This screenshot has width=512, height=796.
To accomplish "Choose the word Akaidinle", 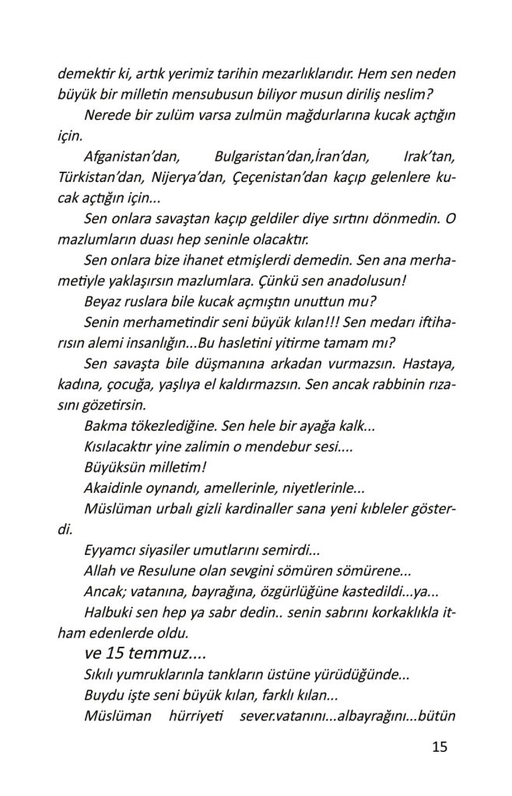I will [x=114, y=487].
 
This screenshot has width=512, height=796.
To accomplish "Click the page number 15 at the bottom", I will [x=439, y=748].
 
